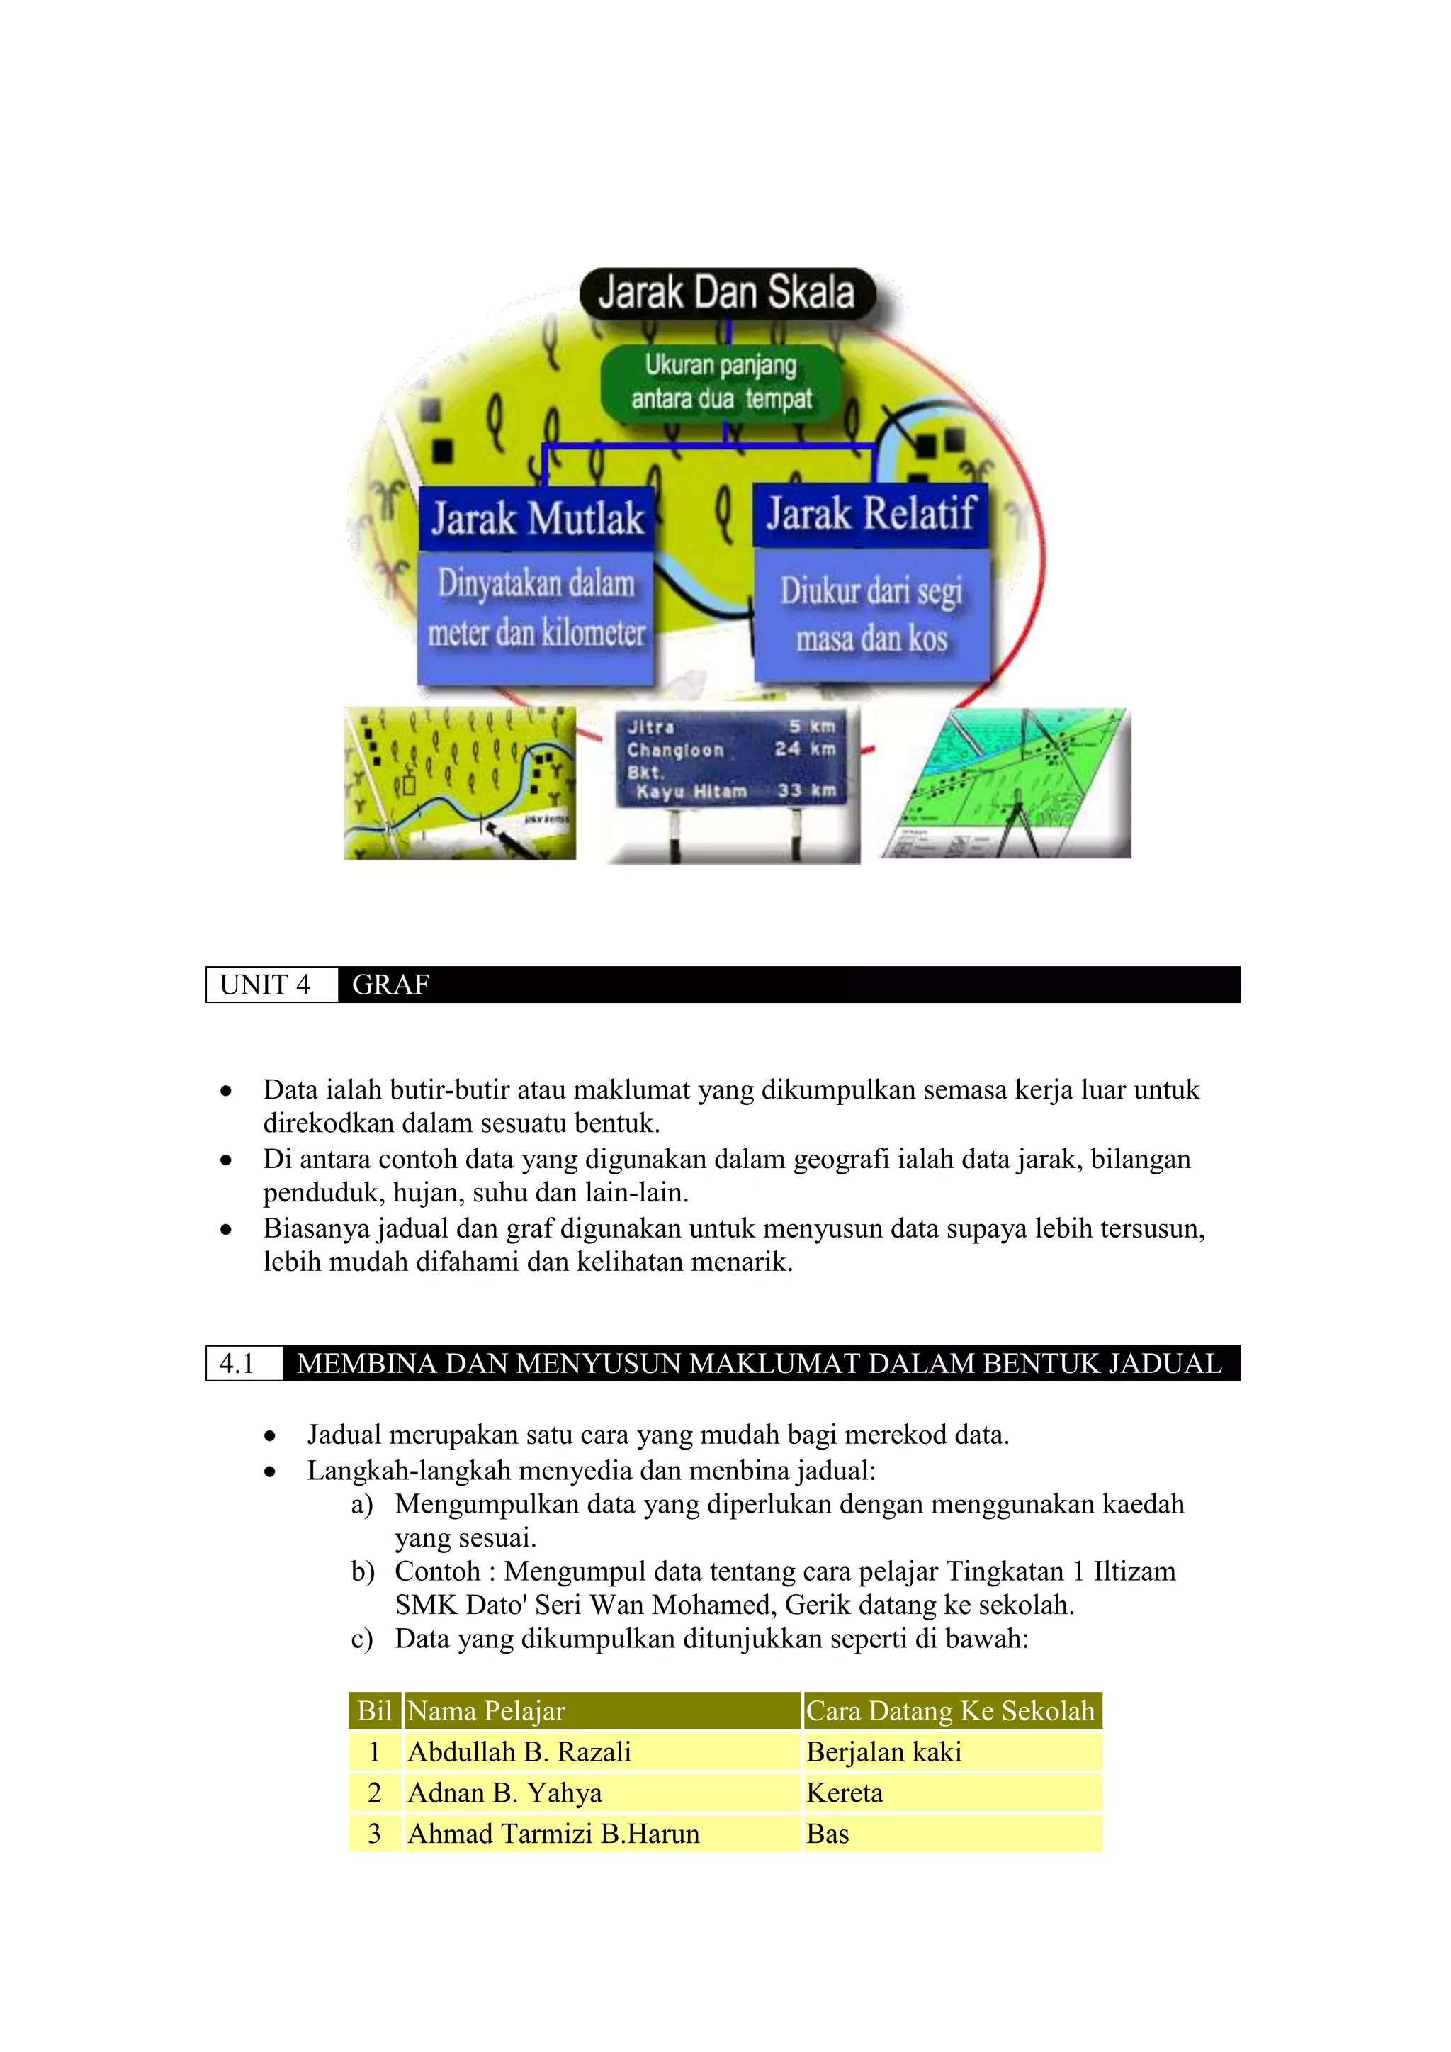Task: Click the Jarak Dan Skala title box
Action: coord(726,293)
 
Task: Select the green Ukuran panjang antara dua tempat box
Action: coord(721,383)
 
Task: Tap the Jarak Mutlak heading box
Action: coord(537,518)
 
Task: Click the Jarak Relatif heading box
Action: coord(870,514)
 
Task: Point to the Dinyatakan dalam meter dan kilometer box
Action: coord(536,610)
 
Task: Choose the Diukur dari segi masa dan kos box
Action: coord(872,615)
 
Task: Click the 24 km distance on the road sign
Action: coord(804,749)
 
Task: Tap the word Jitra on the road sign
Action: coord(650,727)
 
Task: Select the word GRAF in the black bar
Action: coord(390,985)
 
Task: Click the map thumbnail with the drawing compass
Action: coord(1005,783)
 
